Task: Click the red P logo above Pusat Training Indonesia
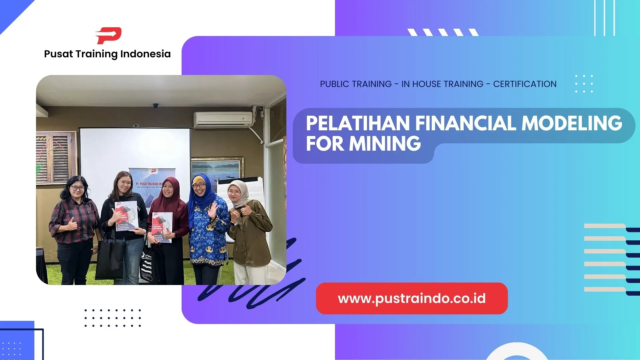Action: coord(109,36)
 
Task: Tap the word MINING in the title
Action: coord(385,144)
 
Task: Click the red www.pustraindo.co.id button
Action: coord(412,298)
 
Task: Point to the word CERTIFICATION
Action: coord(525,84)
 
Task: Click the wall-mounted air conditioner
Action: coord(223,120)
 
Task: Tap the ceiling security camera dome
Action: coord(156,106)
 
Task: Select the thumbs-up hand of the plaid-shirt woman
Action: coord(72,225)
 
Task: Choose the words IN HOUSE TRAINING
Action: coord(442,84)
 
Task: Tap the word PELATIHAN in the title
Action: coord(358,123)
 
